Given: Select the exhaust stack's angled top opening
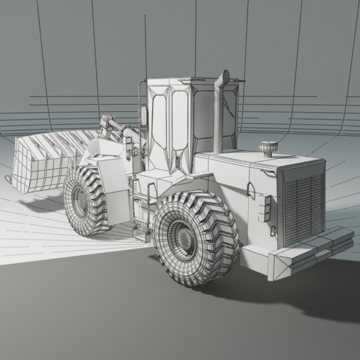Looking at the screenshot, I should pyautogui.click(x=225, y=77).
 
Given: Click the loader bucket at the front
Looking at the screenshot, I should pyautogui.click(x=43, y=163).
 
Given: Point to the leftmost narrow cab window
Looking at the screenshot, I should pyautogui.click(x=159, y=122).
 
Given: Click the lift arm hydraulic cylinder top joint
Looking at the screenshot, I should pyautogui.click(x=106, y=119).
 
